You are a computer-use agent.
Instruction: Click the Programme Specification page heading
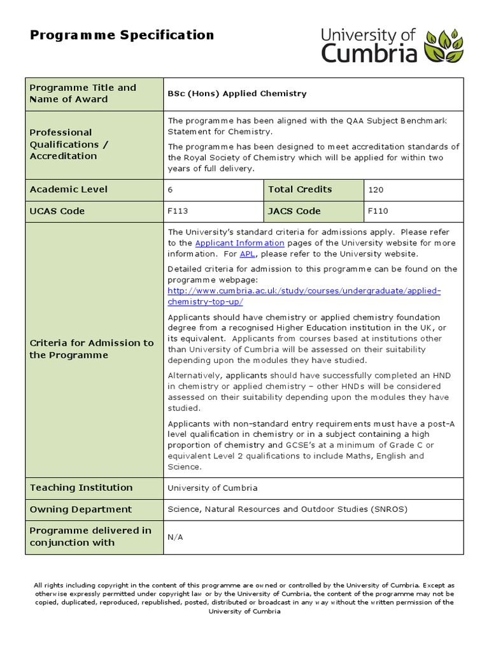click(122, 35)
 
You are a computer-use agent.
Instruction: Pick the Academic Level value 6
click(171, 189)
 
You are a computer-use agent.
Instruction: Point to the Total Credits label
click(300, 189)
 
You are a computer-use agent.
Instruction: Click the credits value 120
click(376, 189)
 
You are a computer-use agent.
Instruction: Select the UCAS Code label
click(57, 211)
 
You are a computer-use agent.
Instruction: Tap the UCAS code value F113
click(178, 211)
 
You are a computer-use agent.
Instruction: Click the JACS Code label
click(294, 211)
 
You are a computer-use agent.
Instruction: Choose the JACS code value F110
click(378, 211)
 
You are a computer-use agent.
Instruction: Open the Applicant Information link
click(239, 243)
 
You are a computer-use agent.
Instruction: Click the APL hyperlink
click(247, 254)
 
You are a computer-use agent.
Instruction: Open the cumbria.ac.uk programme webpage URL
click(304, 291)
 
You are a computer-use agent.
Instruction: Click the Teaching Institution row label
click(81, 488)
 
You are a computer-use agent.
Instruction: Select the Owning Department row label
click(81, 509)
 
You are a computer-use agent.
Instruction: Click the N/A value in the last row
click(174, 537)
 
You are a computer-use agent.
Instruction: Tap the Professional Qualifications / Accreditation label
click(69, 144)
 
